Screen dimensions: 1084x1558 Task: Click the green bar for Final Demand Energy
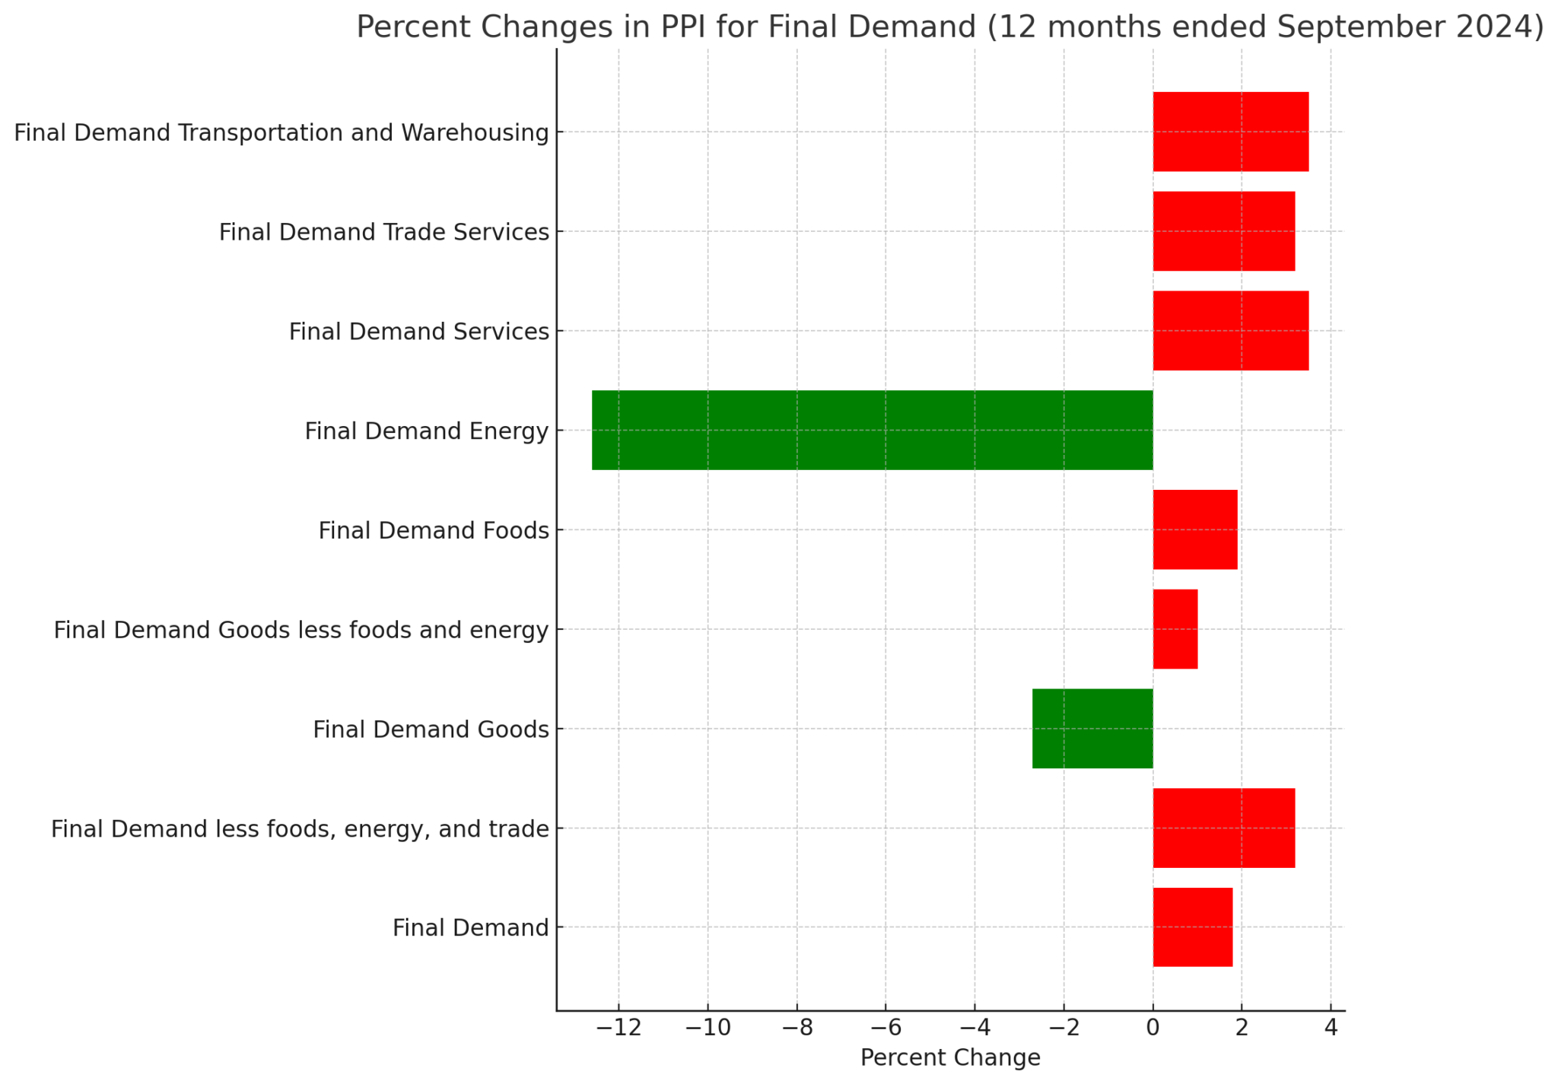(872, 430)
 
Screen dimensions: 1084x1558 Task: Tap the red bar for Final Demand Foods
(1194, 529)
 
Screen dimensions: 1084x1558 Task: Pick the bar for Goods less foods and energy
(1175, 628)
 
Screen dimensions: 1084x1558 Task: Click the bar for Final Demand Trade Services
(1223, 230)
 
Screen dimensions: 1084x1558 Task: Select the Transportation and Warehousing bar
(1230, 132)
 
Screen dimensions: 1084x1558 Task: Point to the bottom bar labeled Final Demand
(1192, 927)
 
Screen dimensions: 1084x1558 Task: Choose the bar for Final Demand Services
(1230, 330)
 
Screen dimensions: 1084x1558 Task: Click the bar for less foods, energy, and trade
(1223, 828)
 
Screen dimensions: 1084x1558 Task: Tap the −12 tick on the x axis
(618, 1028)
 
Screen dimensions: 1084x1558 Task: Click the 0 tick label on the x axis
(1153, 1028)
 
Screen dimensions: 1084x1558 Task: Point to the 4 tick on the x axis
(1331, 1028)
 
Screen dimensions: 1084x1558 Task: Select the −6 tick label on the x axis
(885, 1028)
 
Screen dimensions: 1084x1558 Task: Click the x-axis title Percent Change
(949, 1058)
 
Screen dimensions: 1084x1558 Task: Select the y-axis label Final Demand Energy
(426, 431)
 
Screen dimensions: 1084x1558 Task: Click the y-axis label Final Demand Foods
(433, 530)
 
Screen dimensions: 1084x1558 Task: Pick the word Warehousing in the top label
(475, 132)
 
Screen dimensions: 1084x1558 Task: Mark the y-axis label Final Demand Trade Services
(383, 232)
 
